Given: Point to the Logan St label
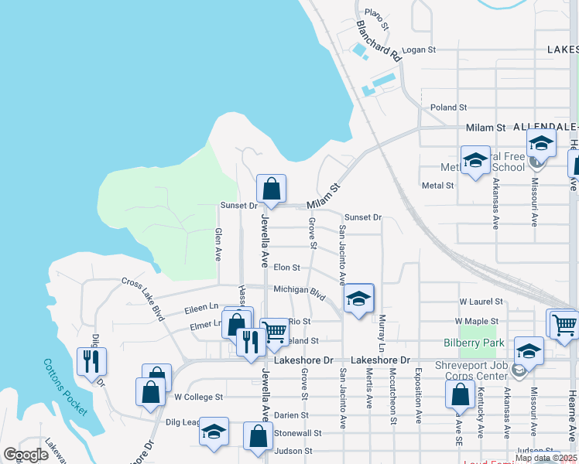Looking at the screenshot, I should pos(420,49).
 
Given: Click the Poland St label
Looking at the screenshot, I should pos(449,107).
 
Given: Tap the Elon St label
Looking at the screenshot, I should pos(286,268).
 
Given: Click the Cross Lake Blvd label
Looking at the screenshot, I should pos(143,299).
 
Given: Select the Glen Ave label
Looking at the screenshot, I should pos(218,244).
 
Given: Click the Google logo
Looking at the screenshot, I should pos(26,455).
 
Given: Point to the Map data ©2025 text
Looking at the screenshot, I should pos(546,458).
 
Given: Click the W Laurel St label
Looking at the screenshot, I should pos(481,301).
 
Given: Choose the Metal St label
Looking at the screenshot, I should pos(437,186).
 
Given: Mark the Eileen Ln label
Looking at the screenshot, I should pos(201,309).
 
